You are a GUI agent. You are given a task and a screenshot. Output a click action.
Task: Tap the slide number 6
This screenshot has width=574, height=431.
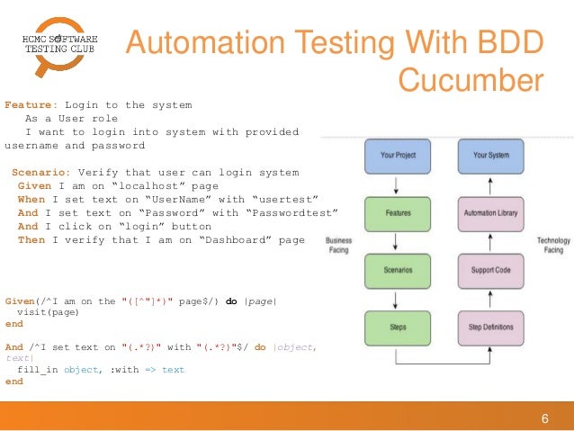[x=544, y=417]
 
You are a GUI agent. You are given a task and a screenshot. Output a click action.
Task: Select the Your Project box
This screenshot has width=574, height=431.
[x=398, y=155]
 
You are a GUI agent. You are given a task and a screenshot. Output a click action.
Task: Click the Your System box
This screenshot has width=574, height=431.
[x=491, y=155]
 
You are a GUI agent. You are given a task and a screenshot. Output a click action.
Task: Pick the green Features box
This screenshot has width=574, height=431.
[x=398, y=212]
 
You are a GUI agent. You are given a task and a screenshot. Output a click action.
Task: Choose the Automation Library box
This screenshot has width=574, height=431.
[x=491, y=212]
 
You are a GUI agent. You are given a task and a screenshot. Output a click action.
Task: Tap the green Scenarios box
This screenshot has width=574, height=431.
[x=398, y=269]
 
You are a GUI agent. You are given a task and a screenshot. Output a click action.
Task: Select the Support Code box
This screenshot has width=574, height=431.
[x=491, y=269]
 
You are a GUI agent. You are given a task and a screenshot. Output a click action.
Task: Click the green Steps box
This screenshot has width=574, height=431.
[x=398, y=325]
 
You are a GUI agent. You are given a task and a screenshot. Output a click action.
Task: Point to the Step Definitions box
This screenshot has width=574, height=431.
[x=491, y=325]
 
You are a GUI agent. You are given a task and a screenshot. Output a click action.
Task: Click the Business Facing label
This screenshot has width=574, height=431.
[x=338, y=246]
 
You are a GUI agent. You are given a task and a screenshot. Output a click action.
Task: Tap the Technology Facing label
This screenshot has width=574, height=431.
[x=553, y=246]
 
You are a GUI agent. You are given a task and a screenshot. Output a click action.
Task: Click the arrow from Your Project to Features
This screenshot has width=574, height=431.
[x=398, y=184]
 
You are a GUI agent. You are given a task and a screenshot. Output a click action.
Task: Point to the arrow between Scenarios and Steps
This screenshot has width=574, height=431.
[x=398, y=297]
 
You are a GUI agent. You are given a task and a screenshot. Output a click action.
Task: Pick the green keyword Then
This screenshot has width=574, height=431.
[x=31, y=239]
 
